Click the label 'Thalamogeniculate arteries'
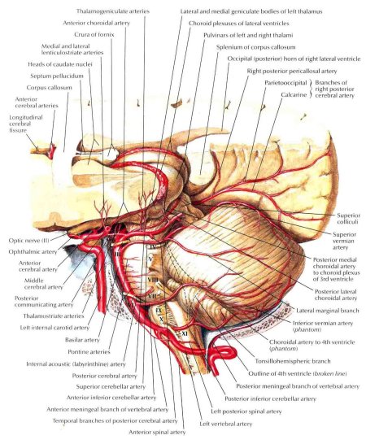[113, 11]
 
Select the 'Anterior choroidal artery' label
[96, 23]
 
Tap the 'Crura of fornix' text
[94, 34]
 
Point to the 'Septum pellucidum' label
[57, 76]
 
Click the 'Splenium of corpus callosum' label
[256, 47]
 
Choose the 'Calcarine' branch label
[294, 94]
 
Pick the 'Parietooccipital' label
[285, 83]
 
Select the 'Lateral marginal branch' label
[328, 311]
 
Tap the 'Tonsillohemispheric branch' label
[293, 361]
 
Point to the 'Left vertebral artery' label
[226, 424]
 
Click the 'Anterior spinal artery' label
[157, 432]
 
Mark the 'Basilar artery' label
[82, 340]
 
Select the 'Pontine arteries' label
[89, 351]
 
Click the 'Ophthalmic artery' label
[33, 251]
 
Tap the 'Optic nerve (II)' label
[29, 241]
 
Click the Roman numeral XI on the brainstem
[185, 334]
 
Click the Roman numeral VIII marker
[153, 280]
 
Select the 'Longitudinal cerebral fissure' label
[26, 124]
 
